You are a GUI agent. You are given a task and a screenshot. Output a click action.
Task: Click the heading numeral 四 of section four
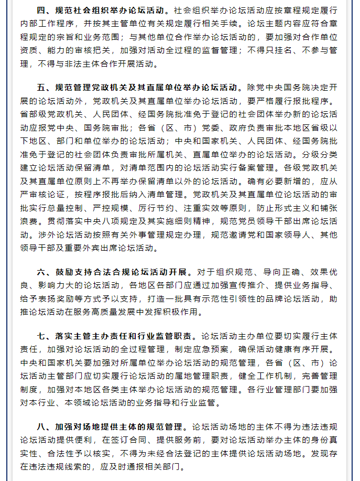[x=41, y=11]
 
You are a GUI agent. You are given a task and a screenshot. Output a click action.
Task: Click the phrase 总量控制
[x=73, y=209]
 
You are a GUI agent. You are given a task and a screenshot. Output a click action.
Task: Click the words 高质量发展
[x=167, y=314]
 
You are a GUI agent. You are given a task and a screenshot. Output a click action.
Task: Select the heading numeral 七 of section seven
[x=41, y=336]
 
